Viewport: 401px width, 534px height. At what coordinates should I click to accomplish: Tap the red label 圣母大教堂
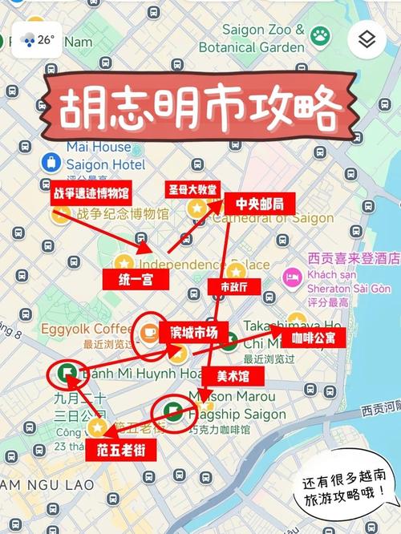pyautogui.click(x=192, y=190)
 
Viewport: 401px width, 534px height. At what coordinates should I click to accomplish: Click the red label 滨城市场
pyautogui.click(x=194, y=332)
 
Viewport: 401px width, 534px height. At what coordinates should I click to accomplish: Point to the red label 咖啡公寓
pyautogui.click(x=313, y=338)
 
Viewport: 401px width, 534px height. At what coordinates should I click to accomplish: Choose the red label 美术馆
pyautogui.click(x=228, y=376)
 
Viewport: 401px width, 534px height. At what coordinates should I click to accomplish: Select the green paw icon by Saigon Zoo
pyautogui.click(x=321, y=35)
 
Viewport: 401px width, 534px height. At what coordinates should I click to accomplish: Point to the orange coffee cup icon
pyautogui.click(x=150, y=332)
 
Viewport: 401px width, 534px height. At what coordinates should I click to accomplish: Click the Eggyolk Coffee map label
pyautogui.click(x=88, y=330)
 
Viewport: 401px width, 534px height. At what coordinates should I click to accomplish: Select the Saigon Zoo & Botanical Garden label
pyautogui.click(x=252, y=38)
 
